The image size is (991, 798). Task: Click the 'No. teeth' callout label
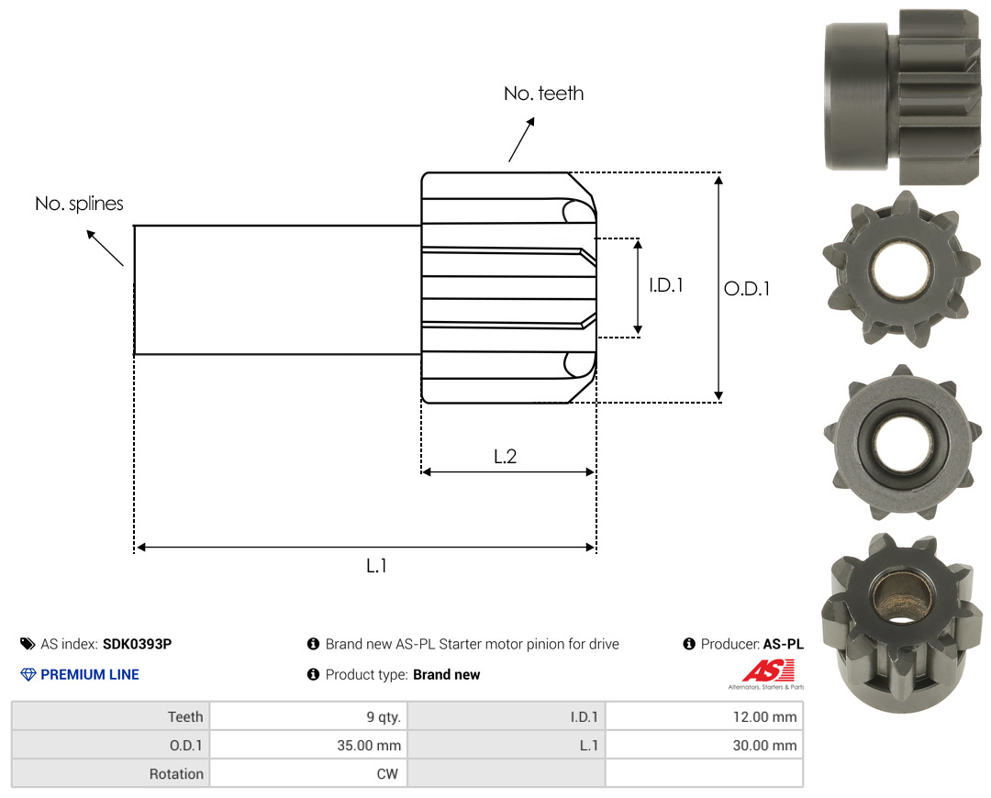pos(543,94)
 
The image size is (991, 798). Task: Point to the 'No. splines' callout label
pos(79,204)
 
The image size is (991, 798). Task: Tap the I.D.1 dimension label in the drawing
pos(666,285)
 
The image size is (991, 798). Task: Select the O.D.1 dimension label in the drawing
pos(747,289)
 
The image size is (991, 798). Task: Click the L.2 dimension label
pos(505,456)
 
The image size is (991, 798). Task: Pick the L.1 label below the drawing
pos(376,566)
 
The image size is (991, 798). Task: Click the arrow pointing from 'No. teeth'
pos(521,139)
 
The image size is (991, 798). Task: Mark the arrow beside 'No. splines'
pos(105,249)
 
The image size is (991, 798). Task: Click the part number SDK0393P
pos(137,644)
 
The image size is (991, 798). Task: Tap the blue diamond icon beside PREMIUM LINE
pos(28,675)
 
